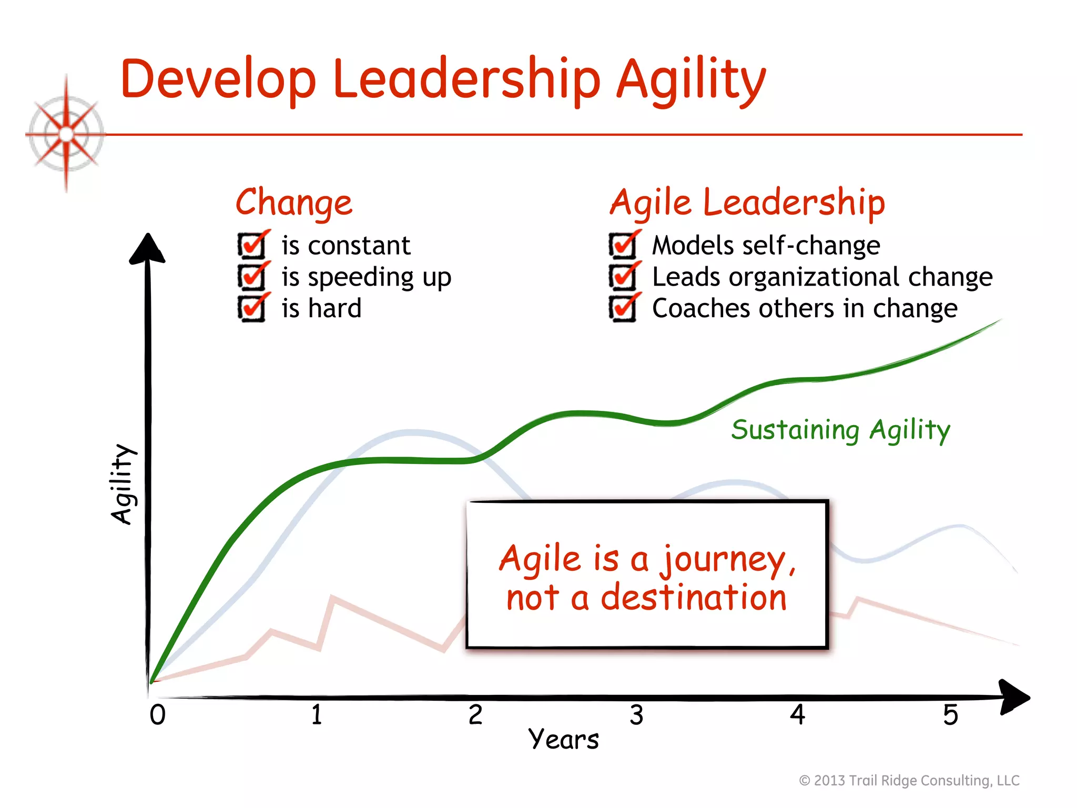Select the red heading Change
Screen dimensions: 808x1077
[293, 203]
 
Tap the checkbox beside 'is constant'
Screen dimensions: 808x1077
[252, 245]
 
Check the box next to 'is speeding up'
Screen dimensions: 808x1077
[252, 277]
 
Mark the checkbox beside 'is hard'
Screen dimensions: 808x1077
[252, 308]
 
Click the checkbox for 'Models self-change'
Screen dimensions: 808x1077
[623, 245]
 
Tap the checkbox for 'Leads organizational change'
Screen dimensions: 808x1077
[623, 277]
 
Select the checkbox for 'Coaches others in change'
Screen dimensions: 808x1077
[623, 308]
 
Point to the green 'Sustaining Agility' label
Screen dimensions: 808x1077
[840, 430]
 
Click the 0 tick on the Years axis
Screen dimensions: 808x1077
[158, 715]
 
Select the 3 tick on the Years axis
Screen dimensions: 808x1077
[636, 715]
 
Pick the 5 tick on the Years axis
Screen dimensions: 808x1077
[950, 715]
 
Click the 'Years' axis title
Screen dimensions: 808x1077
[563, 740]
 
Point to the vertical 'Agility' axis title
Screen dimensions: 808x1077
[123, 484]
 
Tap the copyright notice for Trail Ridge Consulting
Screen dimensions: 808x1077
[909, 781]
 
